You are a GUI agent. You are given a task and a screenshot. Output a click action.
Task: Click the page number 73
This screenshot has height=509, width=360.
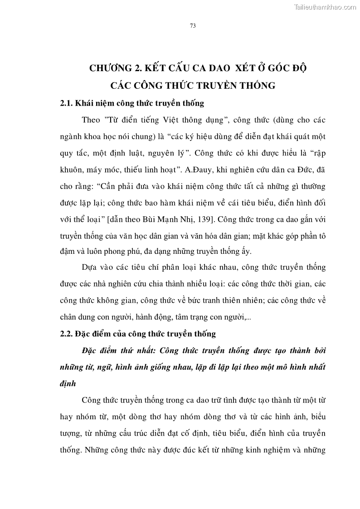pyautogui.click(x=192, y=26)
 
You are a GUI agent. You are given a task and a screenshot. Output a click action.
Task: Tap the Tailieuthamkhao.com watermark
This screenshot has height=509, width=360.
pyautogui.click(x=325, y=7)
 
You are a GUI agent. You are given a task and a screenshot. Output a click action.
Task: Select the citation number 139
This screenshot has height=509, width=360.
pyautogui.click(x=207, y=220)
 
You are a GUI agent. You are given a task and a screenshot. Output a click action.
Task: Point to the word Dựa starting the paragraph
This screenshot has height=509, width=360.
pyautogui.click(x=92, y=267)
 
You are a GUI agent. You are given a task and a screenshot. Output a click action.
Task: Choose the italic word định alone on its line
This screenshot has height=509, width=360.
pyautogui.click(x=68, y=383)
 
